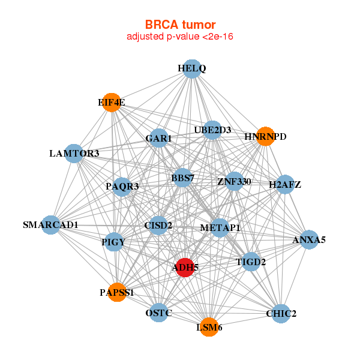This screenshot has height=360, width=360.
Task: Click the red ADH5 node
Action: point(184,267)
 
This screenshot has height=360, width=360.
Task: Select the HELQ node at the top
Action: point(191,69)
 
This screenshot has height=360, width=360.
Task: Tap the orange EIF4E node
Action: point(111,103)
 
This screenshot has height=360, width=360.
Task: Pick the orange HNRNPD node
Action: point(265,137)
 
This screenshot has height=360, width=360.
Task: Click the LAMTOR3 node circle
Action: point(74,154)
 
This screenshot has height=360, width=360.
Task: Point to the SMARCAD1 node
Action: point(51,225)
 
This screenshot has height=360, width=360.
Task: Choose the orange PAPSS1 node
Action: point(117,293)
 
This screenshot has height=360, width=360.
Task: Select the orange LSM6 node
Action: point(209,327)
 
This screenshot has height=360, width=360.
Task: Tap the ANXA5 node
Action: point(309,240)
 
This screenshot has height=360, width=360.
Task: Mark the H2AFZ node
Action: point(285,184)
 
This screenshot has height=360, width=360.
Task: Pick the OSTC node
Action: point(158,313)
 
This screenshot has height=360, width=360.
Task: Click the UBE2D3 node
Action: point(212,130)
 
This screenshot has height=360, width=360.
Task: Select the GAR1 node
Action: point(158,139)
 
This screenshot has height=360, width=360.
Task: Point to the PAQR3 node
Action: point(122,187)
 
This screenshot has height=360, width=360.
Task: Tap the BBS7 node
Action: point(183,178)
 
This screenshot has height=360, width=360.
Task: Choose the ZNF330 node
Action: point(234,181)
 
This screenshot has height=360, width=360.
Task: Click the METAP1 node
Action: point(220,228)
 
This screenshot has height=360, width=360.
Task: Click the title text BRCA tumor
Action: point(180,25)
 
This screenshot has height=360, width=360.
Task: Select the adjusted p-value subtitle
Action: point(180,37)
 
